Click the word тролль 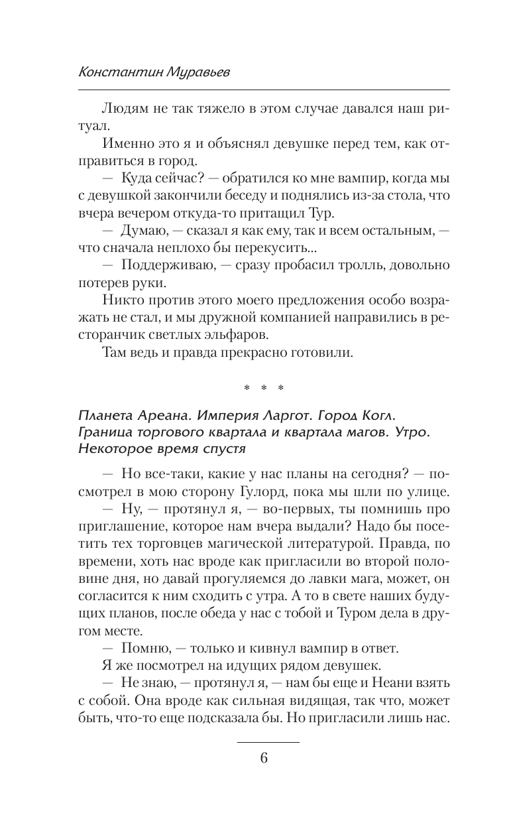click(349, 265)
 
